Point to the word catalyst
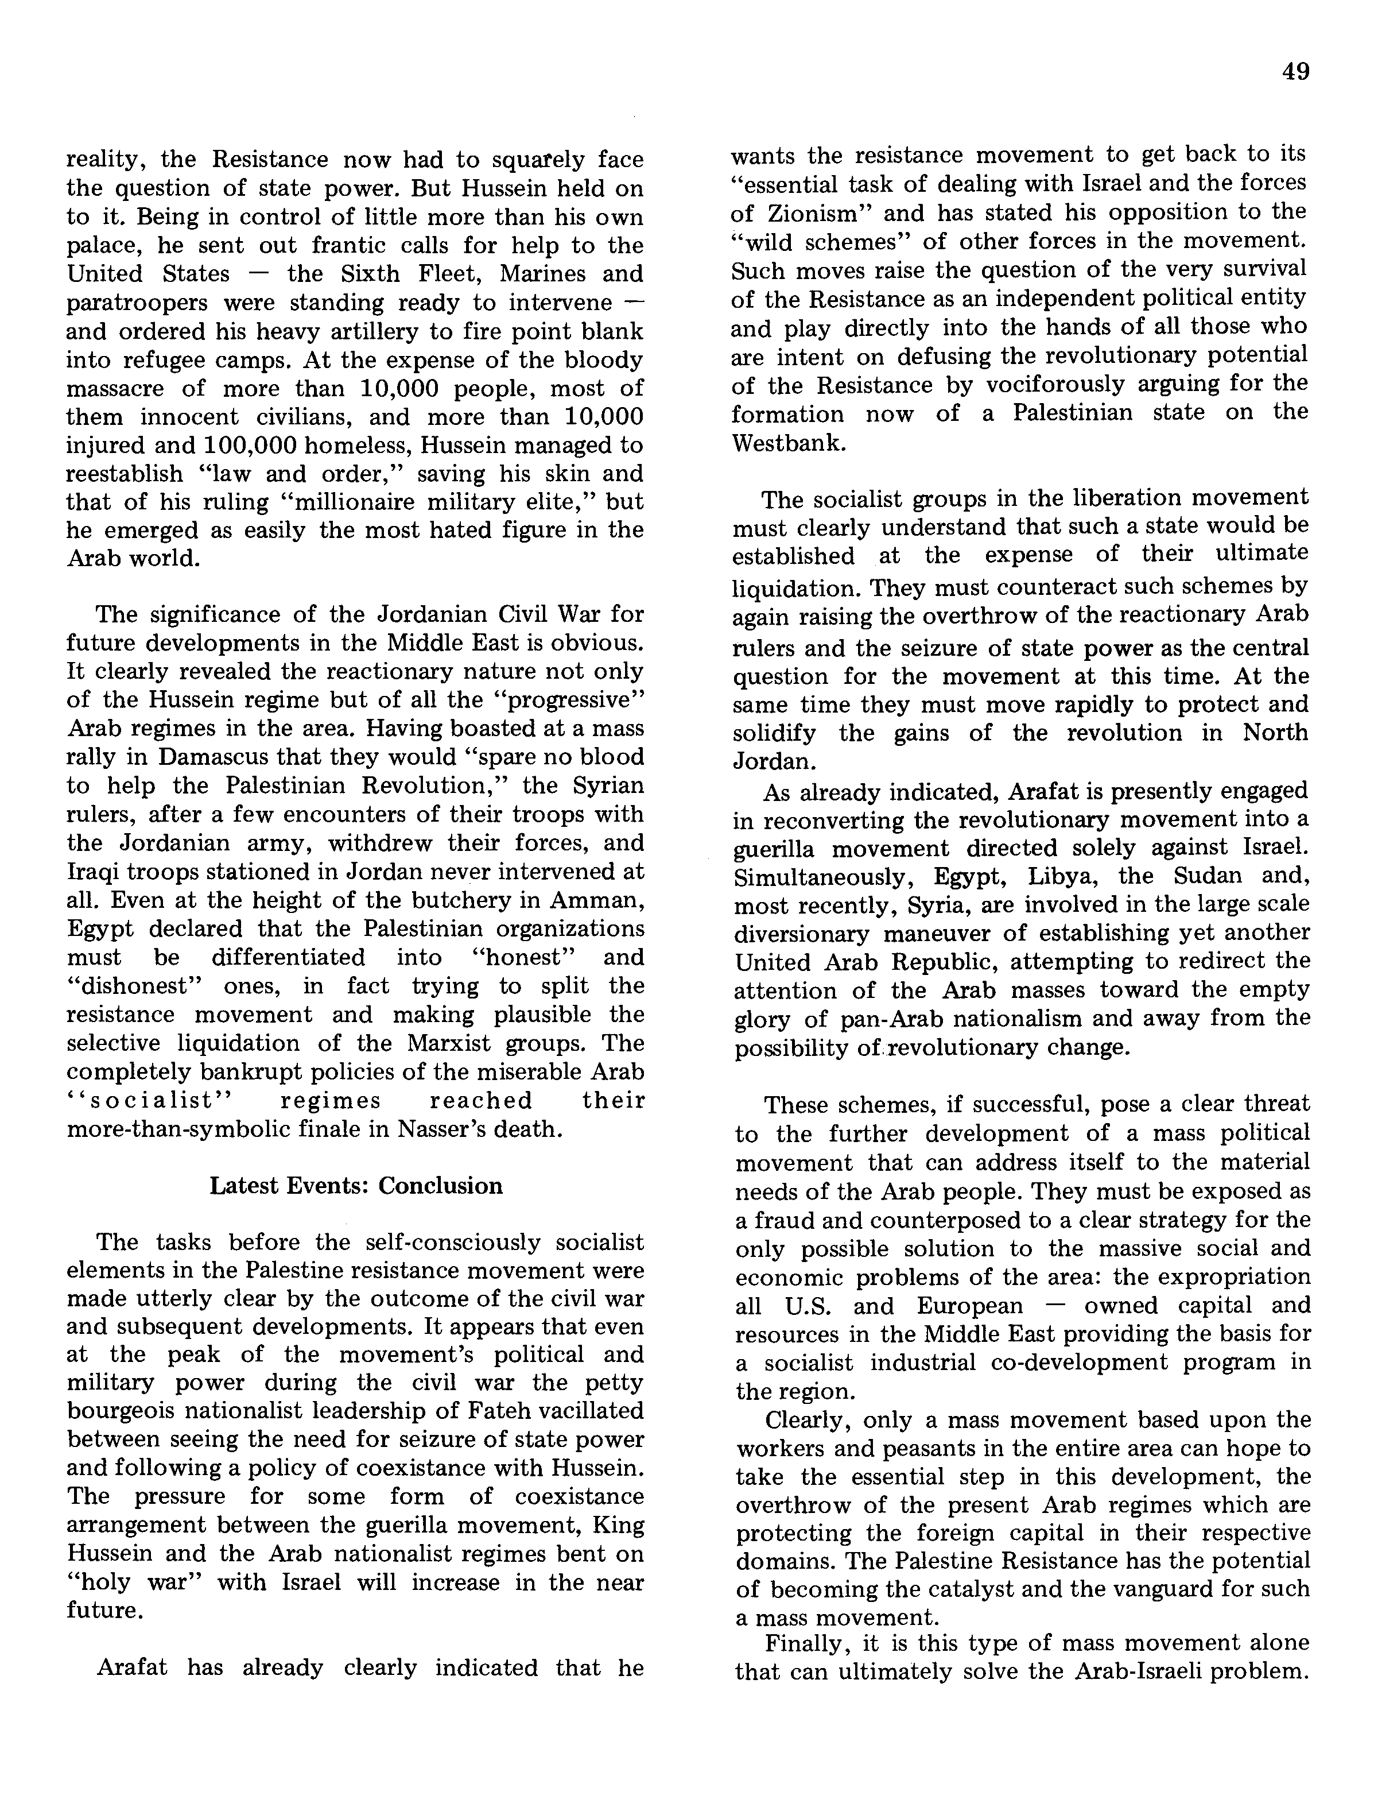tap(981, 1589)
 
